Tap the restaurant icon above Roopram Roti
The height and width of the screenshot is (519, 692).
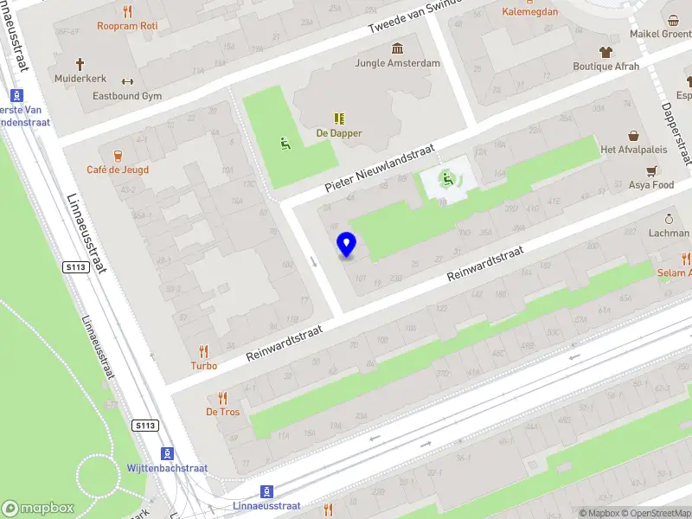(x=127, y=11)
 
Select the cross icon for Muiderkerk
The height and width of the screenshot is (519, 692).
(x=80, y=63)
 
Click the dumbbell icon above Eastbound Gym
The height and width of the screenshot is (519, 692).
(x=127, y=81)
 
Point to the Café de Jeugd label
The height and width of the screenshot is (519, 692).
(x=118, y=170)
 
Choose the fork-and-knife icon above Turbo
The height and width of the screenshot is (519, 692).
(x=204, y=350)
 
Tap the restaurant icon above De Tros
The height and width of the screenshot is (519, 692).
(x=222, y=397)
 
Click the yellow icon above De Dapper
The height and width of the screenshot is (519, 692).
(x=339, y=119)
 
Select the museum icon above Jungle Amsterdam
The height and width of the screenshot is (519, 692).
(x=397, y=48)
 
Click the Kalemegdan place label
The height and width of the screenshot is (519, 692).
(x=529, y=12)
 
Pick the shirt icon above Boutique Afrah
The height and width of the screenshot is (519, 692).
(x=605, y=51)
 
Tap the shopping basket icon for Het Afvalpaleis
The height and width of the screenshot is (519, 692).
(x=634, y=136)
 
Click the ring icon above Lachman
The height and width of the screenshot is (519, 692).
(x=669, y=219)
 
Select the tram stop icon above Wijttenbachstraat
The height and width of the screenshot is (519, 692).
(x=168, y=453)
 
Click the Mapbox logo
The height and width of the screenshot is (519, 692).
(x=38, y=509)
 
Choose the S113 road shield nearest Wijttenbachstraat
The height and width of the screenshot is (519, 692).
(x=145, y=426)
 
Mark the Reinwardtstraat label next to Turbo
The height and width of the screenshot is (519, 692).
(x=285, y=343)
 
